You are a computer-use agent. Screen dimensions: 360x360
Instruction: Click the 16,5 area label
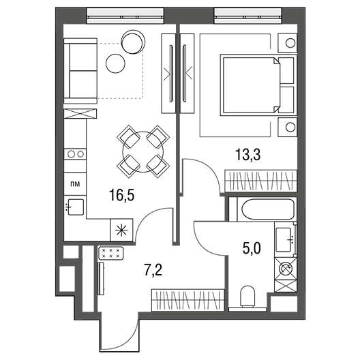pyautogui.click(x=121, y=196)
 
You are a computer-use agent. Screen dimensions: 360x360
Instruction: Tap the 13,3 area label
pyautogui.click(x=247, y=155)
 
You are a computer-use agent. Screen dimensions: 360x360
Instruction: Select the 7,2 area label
pyautogui.click(x=153, y=270)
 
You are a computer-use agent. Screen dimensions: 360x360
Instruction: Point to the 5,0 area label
pyautogui.click(x=252, y=248)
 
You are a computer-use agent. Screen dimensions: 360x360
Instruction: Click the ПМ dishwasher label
pyautogui.click(x=75, y=184)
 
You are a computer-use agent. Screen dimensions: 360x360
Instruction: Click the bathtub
pyautogui.click(x=268, y=209)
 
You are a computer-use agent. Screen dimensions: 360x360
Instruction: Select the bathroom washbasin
pyautogui.click(x=285, y=239)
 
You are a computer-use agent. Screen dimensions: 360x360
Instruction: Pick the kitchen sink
pyautogui.click(x=75, y=207)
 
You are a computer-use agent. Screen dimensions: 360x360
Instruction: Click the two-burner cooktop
pyautogui.click(x=75, y=154)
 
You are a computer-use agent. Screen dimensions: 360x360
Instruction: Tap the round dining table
pyautogui.click(x=143, y=152)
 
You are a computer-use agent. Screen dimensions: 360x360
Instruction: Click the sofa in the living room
pyautogui.click(x=80, y=71)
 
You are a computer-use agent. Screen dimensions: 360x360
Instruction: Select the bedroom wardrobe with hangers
pyautogui.click(x=261, y=181)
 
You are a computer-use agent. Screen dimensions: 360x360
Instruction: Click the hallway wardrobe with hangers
pyautogui.click(x=187, y=300)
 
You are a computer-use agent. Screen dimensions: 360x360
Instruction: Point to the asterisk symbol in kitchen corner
pyautogui.click(x=121, y=230)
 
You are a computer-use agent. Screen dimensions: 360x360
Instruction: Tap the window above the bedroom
pyautogui.click(x=247, y=16)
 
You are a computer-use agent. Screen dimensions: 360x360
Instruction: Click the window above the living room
pyautogui.click(x=125, y=16)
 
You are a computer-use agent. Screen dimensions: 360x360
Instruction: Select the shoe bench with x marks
pyautogui.click(x=111, y=253)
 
